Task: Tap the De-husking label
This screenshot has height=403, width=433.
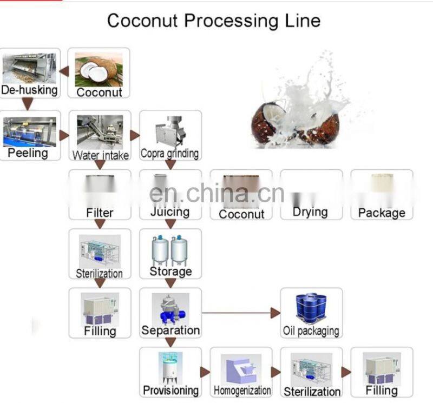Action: pyautogui.click(x=29, y=90)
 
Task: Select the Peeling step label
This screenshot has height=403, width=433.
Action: pyautogui.click(x=28, y=153)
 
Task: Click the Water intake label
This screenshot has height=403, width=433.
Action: pyautogui.click(x=101, y=155)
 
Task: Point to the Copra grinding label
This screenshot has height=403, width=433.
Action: pyautogui.click(x=170, y=154)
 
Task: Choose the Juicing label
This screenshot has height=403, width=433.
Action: pyautogui.click(x=170, y=212)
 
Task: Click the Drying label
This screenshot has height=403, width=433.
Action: pyautogui.click(x=310, y=212)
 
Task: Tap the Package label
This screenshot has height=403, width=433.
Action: pyautogui.click(x=382, y=213)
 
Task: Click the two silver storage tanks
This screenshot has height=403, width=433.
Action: pyautogui.click(x=170, y=249)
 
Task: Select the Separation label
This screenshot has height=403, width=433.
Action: pyautogui.click(x=170, y=329)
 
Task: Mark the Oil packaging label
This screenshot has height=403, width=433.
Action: pyautogui.click(x=311, y=331)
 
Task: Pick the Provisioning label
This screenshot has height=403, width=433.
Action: pyautogui.click(x=170, y=389)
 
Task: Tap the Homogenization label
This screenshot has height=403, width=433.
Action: pyautogui.click(x=242, y=390)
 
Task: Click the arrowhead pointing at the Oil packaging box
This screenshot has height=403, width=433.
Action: pyautogui.click(x=275, y=313)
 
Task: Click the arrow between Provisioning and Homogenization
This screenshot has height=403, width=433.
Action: pyautogui.click(x=205, y=372)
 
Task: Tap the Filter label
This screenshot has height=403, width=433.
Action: pyautogui.click(x=100, y=213)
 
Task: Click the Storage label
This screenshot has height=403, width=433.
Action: pyautogui.click(x=170, y=271)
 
